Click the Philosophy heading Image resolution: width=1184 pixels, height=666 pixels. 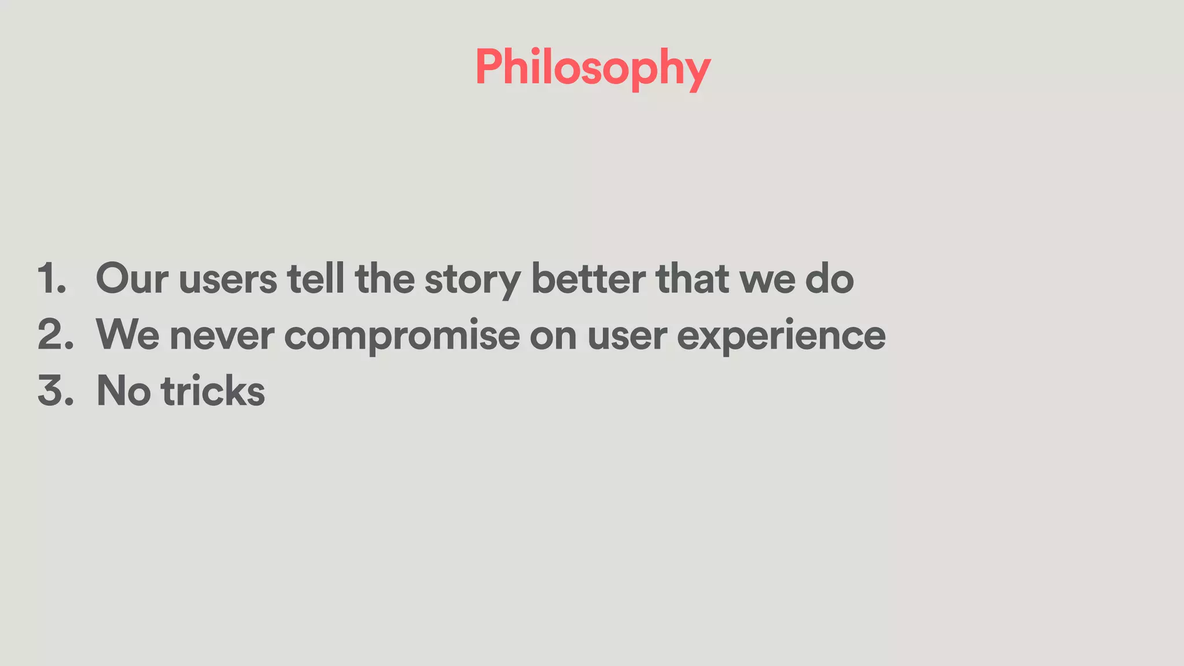[593, 68]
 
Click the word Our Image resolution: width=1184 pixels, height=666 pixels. [132, 279]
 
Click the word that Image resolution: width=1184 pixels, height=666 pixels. [692, 279]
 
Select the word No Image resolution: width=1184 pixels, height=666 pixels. [123, 391]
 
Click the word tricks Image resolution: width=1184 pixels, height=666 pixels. [213, 391]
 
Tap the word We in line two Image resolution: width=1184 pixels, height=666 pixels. [128, 335]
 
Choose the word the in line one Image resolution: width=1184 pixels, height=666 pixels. [384, 279]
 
